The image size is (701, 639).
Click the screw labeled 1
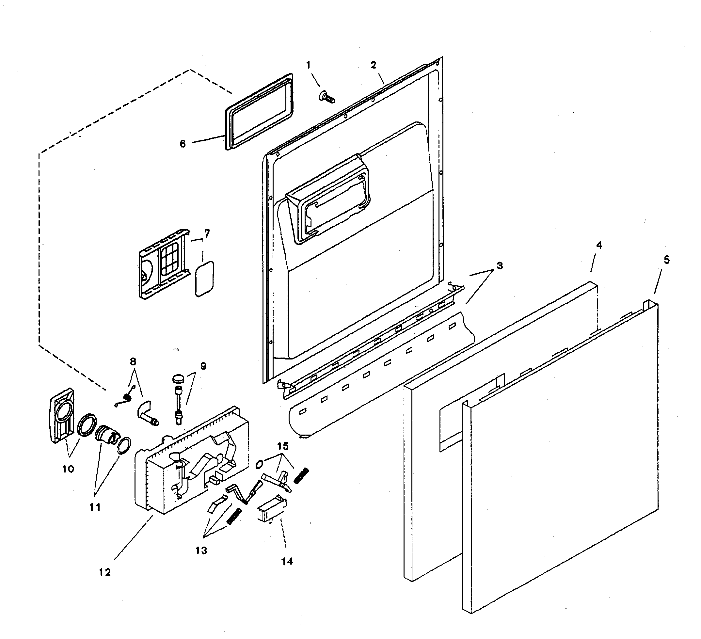point(327,96)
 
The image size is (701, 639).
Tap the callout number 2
point(374,65)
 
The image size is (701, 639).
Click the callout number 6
point(183,144)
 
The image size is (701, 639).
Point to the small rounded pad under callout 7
point(204,279)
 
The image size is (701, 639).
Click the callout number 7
point(207,233)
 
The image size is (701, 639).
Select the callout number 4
point(599,245)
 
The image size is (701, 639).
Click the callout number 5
point(667,260)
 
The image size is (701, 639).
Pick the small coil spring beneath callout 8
point(127,397)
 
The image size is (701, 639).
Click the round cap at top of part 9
point(178,378)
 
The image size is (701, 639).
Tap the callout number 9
point(203,366)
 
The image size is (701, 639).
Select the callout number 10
point(68,469)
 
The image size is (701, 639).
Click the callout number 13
point(201,550)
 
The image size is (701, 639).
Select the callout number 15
point(283,446)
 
